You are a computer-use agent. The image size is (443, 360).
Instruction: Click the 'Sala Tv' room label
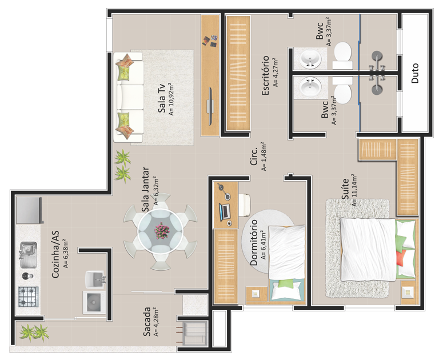click(x=162, y=98)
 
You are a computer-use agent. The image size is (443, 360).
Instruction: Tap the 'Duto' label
click(x=415, y=73)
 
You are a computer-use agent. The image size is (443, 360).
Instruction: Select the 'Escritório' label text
click(x=265, y=75)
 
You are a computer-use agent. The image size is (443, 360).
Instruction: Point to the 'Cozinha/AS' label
click(x=55, y=254)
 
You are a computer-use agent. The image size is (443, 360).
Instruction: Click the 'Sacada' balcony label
click(x=147, y=322)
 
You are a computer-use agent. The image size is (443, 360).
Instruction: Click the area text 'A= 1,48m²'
click(x=264, y=156)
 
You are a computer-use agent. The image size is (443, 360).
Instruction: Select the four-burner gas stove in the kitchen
click(x=28, y=297)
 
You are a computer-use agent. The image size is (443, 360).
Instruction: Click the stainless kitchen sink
click(x=28, y=255)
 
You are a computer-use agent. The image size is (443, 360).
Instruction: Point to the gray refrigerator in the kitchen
click(x=29, y=210)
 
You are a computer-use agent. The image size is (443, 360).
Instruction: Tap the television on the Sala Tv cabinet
click(x=210, y=106)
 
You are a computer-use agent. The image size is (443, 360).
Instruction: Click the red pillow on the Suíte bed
click(x=400, y=258)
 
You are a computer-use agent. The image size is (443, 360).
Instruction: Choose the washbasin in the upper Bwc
click(x=310, y=59)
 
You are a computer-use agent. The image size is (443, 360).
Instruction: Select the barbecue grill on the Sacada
click(x=194, y=334)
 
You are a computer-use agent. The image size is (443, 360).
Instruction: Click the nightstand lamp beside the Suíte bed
click(x=408, y=292)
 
